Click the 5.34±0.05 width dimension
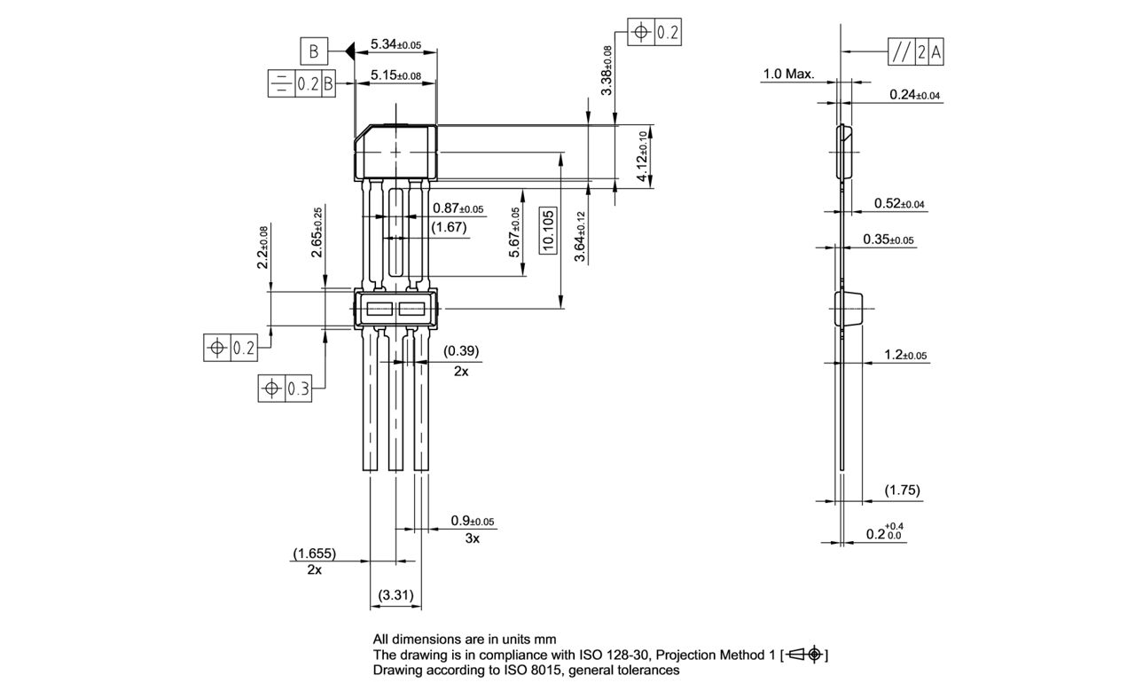(x=395, y=44)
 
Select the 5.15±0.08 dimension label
(x=395, y=76)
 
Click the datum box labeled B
(x=314, y=52)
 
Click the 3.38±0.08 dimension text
(x=607, y=70)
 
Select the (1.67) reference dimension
(x=450, y=228)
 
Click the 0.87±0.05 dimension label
(x=458, y=208)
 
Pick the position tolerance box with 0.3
(x=285, y=389)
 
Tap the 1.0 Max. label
(x=787, y=75)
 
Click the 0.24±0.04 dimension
(x=914, y=95)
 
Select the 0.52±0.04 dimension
(x=899, y=204)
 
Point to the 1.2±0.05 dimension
(x=905, y=355)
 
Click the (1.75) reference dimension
(x=903, y=491)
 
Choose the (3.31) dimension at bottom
(x=395, y=594)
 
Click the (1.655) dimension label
(x=315, y=554)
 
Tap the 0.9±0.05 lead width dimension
(x=472, y=521)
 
